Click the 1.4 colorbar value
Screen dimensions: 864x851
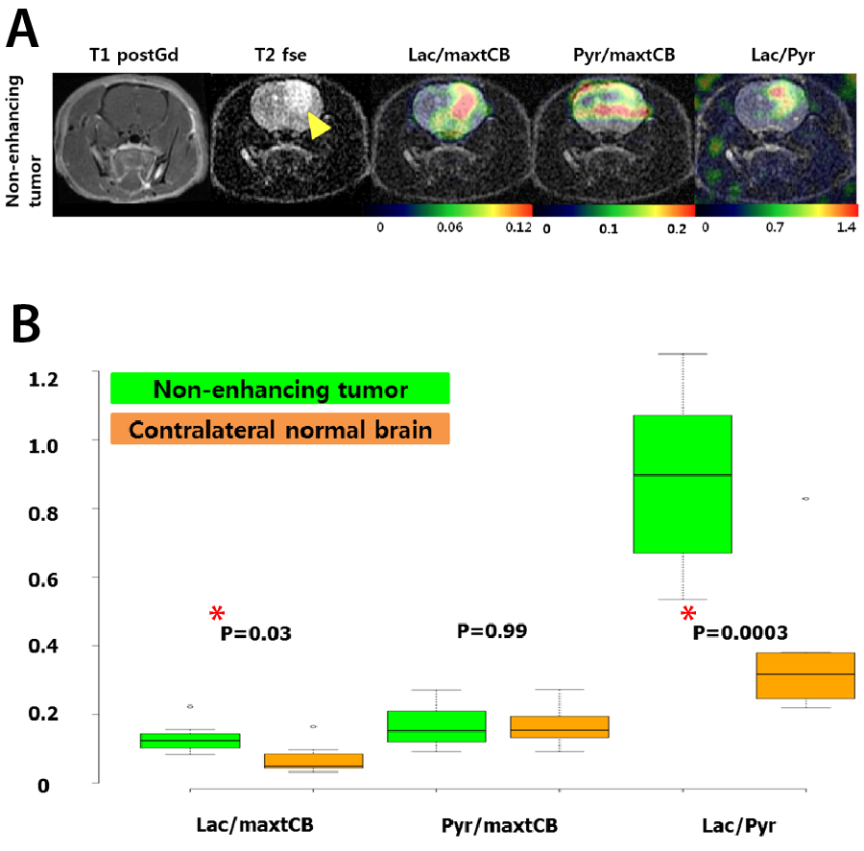[846, 229]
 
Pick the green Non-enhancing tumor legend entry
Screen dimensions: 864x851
[280, 390]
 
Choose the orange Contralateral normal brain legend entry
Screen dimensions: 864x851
[280, 430]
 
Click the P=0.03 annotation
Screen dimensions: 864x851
[256, 633]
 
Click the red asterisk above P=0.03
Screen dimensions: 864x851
[217, 614]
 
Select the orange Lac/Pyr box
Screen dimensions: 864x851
[804, 675]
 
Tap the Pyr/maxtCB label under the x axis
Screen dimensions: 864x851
[499, 825]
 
